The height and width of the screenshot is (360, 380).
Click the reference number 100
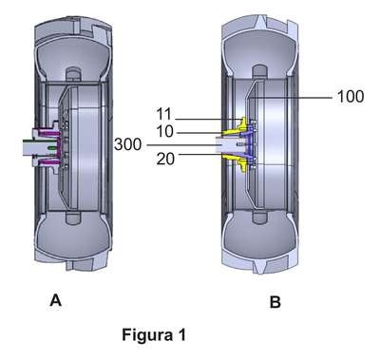[351, 96]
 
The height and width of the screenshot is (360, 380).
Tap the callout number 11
[163, 114]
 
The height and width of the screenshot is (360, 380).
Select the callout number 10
[165, 131]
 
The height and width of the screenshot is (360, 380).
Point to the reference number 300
[127, 144]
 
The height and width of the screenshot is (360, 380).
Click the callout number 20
[165, 159]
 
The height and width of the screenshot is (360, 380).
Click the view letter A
[55, 299]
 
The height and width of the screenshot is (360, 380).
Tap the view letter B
[275, 302]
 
